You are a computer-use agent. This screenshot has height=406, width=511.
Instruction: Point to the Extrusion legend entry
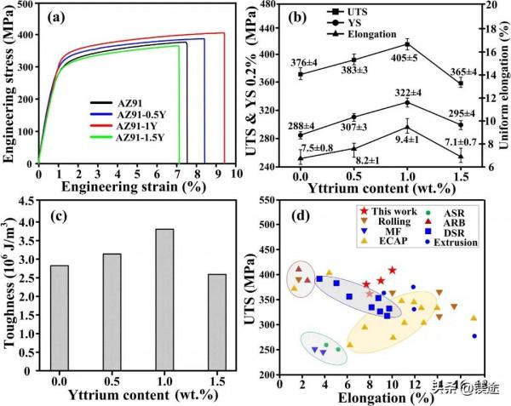[452, 241]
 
